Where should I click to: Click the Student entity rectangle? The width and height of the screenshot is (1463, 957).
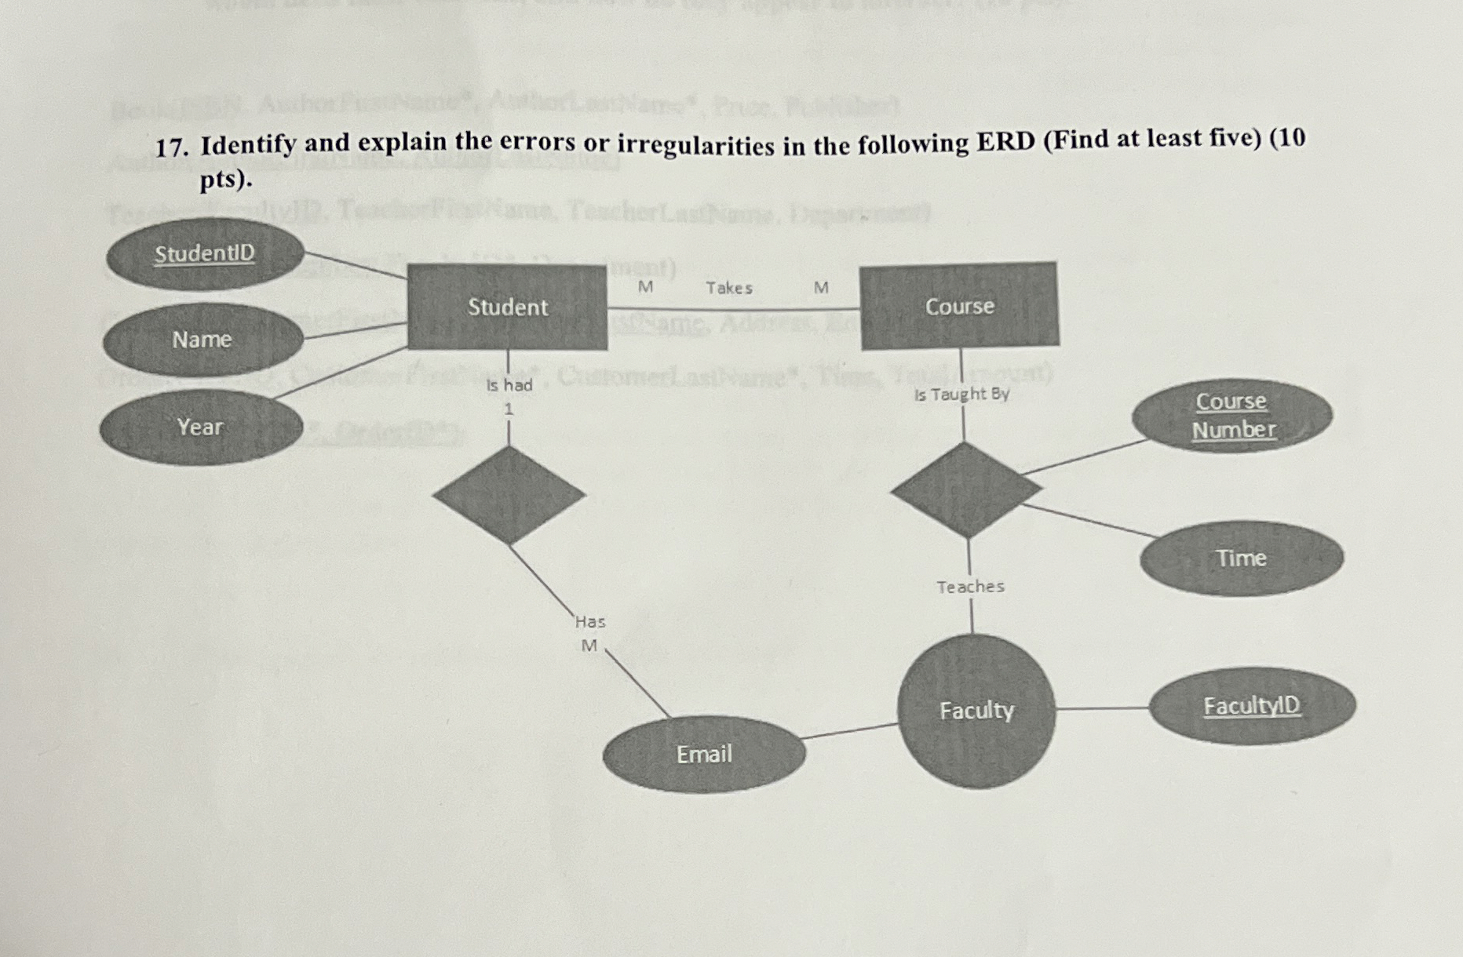pos(507,307)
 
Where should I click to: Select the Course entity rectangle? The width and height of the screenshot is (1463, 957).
pos(959,305)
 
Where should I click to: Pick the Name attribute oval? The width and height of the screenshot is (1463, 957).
pos(202,340)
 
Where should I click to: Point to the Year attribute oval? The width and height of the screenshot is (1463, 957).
pos(200,427)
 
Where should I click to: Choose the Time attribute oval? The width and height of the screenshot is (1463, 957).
pos(1241,559)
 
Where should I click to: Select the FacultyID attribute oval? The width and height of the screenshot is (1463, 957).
pos(1252,707)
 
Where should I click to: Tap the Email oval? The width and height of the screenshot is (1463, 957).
pos(704,754)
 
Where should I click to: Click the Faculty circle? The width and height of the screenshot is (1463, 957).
pos(976,711)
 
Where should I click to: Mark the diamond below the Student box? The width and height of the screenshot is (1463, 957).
pos(509,495)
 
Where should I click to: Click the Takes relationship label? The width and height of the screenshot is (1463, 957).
pos(729,289)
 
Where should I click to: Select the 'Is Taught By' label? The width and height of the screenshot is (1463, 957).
pos(961,394)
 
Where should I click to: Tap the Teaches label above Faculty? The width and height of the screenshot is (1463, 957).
pos(970,587)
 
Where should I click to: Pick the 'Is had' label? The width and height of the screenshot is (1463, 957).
pos(509,385)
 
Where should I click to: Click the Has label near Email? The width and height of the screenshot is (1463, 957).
pos(590,622)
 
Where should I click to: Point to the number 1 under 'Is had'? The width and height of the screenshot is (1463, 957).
pos(509,409)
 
